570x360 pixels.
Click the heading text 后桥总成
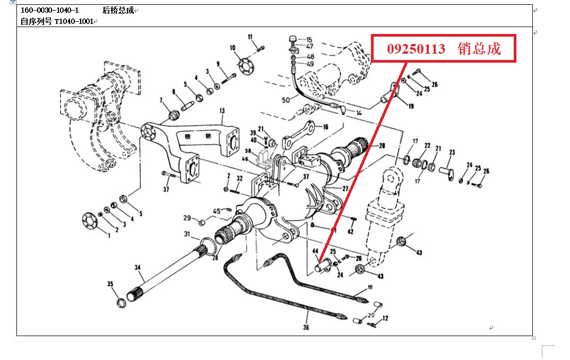pos(117,11)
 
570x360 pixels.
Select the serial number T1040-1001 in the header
pos(74,22)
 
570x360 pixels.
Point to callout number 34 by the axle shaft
pos(137,268)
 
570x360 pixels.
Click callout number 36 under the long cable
pos(306,328)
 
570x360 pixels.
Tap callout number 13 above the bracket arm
pos(222,111)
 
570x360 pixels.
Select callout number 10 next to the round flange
pos(232,48)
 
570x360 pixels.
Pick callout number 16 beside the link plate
pos(325,127)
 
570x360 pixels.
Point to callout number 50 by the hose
pos(286,100)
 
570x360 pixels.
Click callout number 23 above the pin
pos(452,152)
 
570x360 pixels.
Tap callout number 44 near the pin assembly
pos(315,251)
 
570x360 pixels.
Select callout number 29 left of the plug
pos(187,218)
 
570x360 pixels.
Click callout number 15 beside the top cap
pos(309,40)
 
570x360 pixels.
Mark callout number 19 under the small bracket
pos(411,106)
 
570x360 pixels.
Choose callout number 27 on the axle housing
pos(345,188)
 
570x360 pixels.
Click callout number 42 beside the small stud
pos(350,232)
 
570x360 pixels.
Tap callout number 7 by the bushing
pos(161,100)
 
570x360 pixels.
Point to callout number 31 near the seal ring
pos(187,234)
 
